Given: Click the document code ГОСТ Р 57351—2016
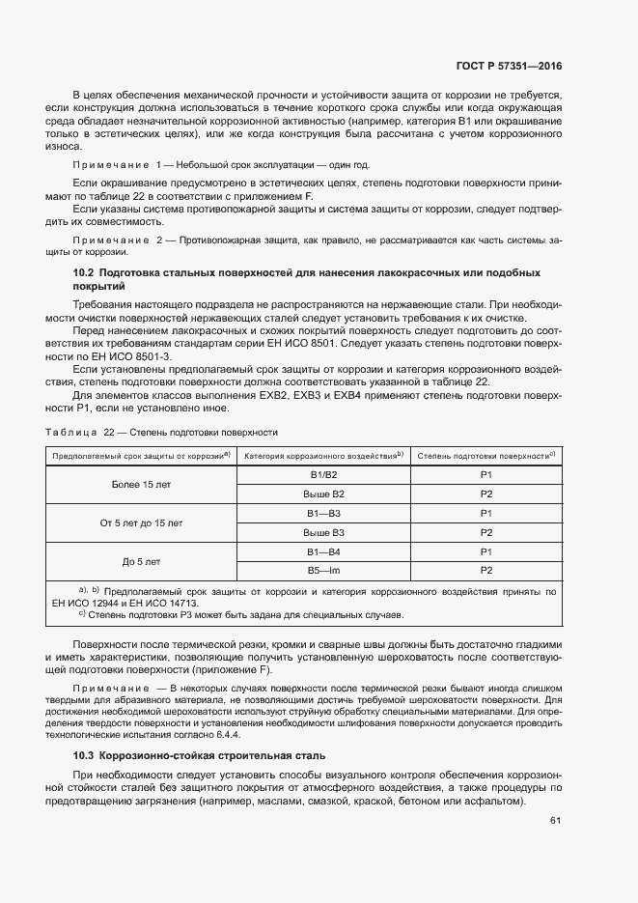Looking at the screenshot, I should tap(508, 67).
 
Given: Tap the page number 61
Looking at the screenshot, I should tap(555, 821).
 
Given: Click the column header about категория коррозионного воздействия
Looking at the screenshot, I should tap(322, 455).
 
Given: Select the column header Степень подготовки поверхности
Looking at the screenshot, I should tap(486, 455).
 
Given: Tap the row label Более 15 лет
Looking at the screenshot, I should tap(140, 484).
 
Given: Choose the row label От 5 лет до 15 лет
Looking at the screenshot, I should tap(140, 522).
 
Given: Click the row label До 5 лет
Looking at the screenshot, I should tap(141, 561).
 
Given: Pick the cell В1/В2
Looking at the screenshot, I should tap(323, 474).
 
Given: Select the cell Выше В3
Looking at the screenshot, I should tap(323, 532).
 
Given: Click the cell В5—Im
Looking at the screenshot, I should tap(323, 571).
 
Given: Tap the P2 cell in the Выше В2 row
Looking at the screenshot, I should tap(486, 494).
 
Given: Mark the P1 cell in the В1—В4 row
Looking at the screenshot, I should tap(486, 551).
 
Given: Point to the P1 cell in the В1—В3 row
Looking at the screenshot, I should tap(486, 513).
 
